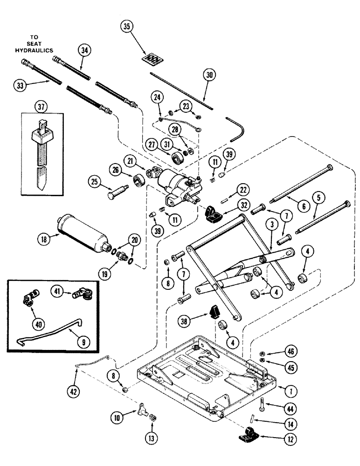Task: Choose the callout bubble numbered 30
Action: point(210,75)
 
